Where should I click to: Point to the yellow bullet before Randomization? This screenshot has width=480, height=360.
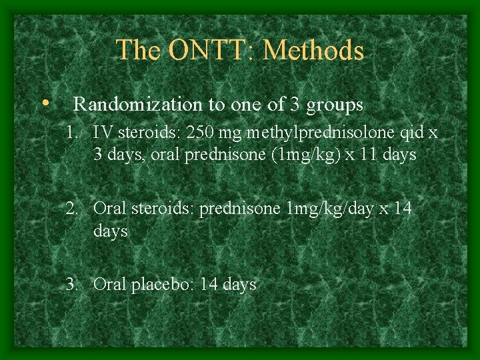click(x=44, y=103)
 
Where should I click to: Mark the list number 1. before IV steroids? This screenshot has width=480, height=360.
click(x=72, y=133)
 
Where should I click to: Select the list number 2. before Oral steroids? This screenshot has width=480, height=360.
click(x=72, y=209)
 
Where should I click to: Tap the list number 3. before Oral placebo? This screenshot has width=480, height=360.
click(x=72, y=285)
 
